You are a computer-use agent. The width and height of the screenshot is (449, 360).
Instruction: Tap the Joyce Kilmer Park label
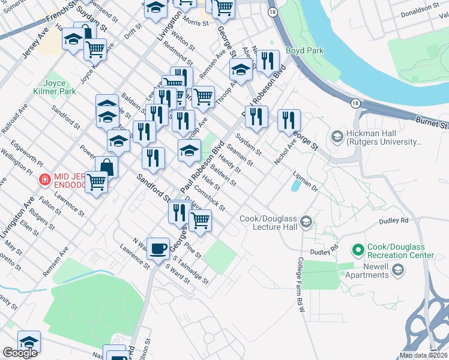click(59, 88)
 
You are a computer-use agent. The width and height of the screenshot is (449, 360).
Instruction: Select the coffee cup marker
click(158, 248)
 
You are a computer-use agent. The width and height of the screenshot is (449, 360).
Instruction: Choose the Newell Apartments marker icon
click(397, 271)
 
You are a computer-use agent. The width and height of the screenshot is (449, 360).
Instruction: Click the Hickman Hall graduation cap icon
click(337, 137)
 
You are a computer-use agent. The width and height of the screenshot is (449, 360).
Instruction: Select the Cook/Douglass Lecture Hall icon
click(307, 223)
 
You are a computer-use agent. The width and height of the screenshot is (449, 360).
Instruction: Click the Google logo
click(20, 353)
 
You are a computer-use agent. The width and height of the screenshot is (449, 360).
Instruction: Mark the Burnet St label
click(432, 123)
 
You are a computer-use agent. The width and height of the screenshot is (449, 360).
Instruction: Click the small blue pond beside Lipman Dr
click(295, 186)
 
